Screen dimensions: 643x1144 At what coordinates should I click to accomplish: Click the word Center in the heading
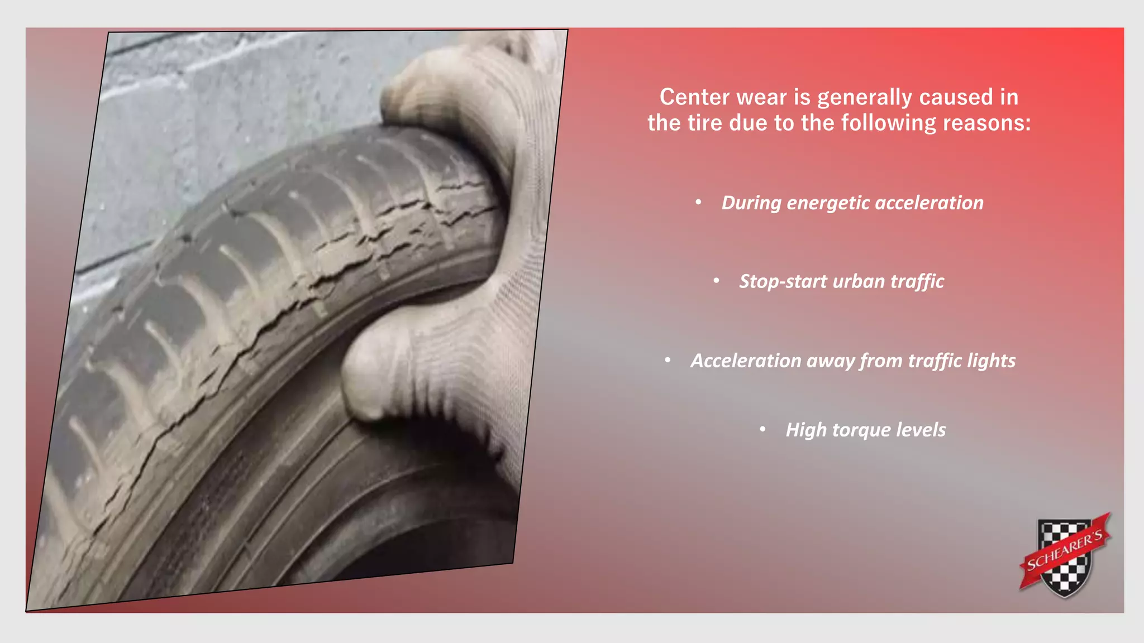point(694,97)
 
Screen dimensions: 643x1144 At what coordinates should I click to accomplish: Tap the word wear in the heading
point(762,97)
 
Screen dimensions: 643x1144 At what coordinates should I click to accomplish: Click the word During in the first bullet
point(751,203)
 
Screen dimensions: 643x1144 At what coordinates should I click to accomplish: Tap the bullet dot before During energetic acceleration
point(698,202)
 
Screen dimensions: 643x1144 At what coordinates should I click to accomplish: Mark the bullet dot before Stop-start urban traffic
point(716,281)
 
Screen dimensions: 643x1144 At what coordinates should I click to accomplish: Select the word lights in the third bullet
point(991,361)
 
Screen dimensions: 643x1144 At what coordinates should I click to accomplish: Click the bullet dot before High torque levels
point(762,429)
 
